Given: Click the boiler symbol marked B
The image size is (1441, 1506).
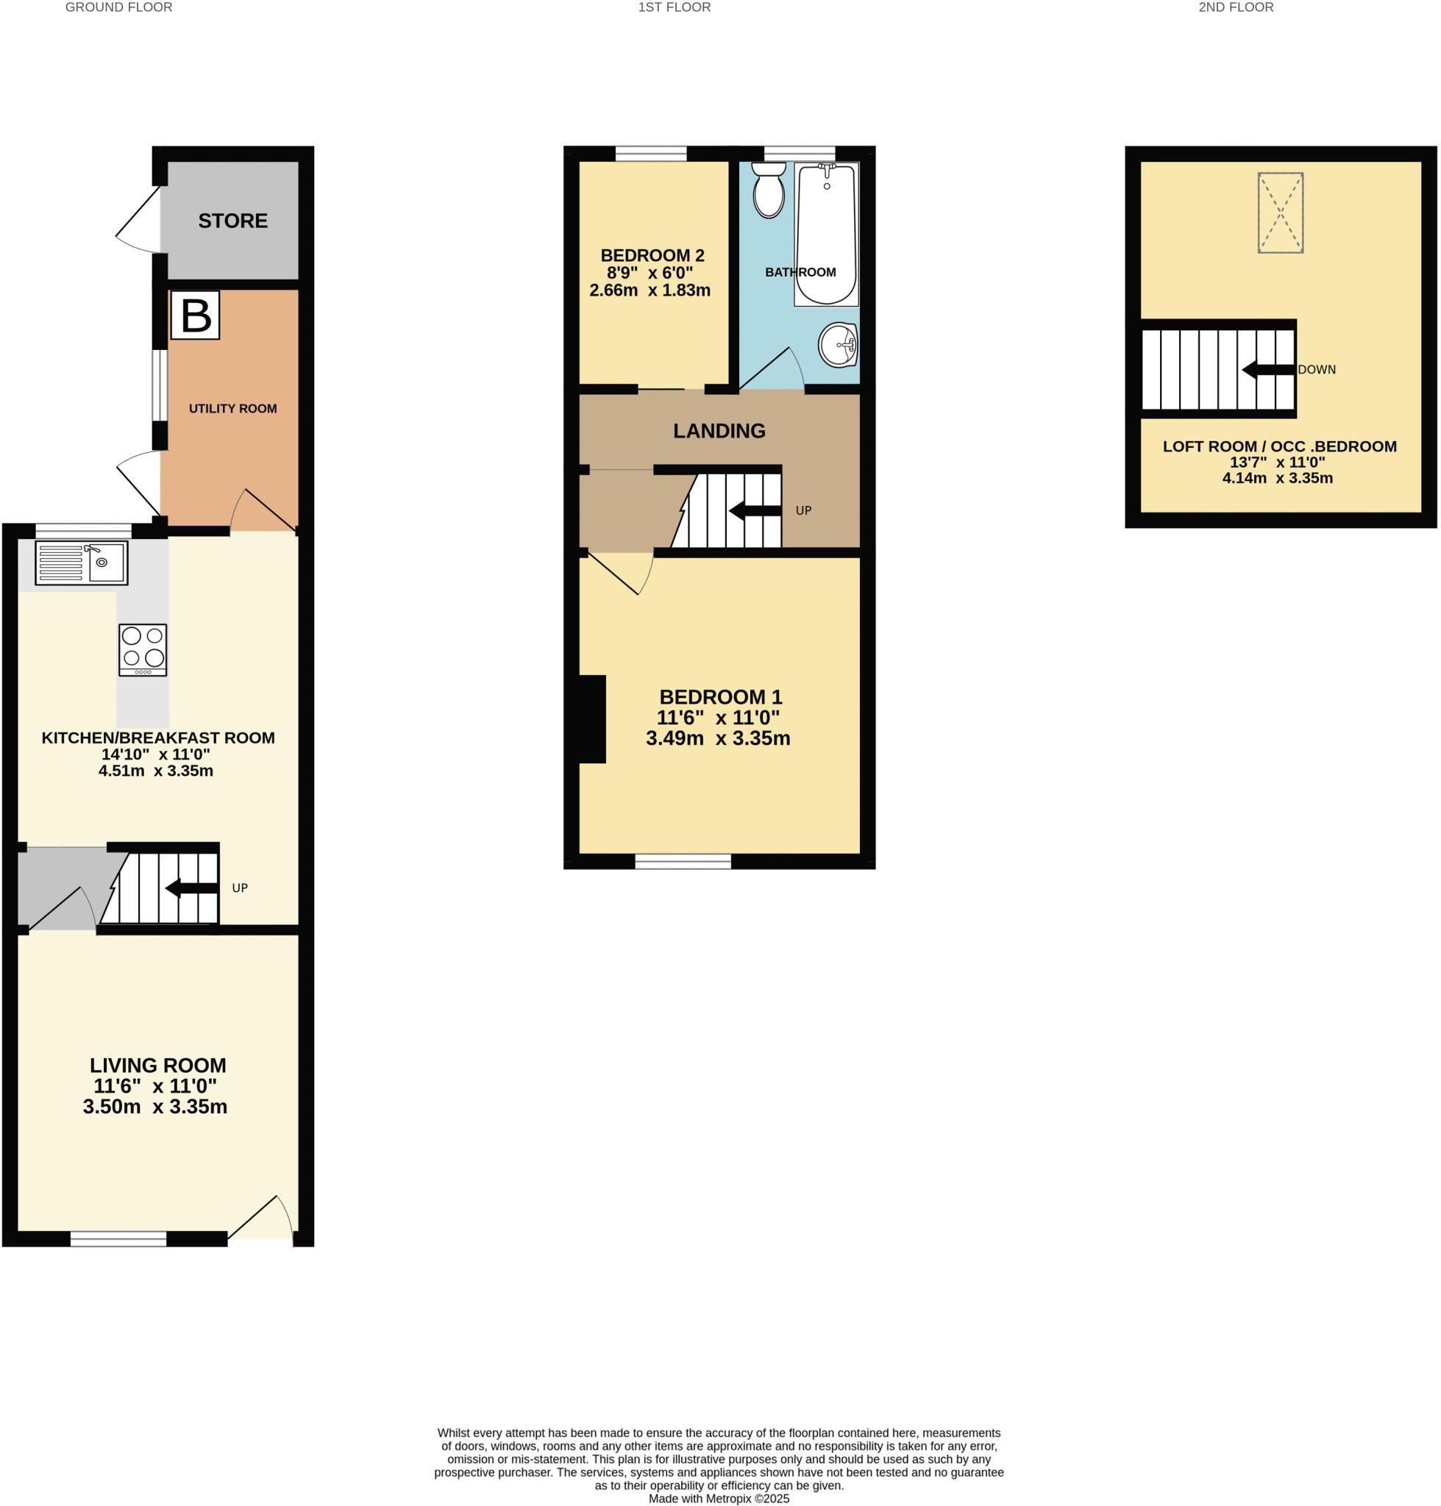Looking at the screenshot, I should click(x=195, y=315).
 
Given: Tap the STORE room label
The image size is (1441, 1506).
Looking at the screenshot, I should click(x=232, y=221).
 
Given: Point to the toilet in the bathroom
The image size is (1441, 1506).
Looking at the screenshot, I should click(x=768, y=191).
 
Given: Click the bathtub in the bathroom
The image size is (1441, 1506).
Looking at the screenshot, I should click(x=826, y=235).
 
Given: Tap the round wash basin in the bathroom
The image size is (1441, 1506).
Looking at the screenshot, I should click(x=838, y=346).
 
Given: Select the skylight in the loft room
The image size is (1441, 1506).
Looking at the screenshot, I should click(x=1280, y=213).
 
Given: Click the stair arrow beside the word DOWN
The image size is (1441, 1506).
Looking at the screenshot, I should click(x=1267, y=370).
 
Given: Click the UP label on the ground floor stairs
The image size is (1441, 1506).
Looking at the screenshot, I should click(x=240, y=888).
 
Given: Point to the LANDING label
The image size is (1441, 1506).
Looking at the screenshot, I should click(x=719, y=431).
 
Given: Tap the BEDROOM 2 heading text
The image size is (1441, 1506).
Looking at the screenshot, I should click(x=652, y=256).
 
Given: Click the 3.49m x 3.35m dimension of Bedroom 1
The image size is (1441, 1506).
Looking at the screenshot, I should click(x=717, y=738).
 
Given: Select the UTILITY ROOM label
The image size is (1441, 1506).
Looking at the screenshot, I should click(x=232, y=409).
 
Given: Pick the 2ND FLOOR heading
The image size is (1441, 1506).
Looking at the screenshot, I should click(x=1235, y=7).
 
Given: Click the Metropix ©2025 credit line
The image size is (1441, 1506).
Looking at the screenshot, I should click(x=718, y=1499).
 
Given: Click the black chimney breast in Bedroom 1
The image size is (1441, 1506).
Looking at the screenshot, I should click(x=591, y=719).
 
